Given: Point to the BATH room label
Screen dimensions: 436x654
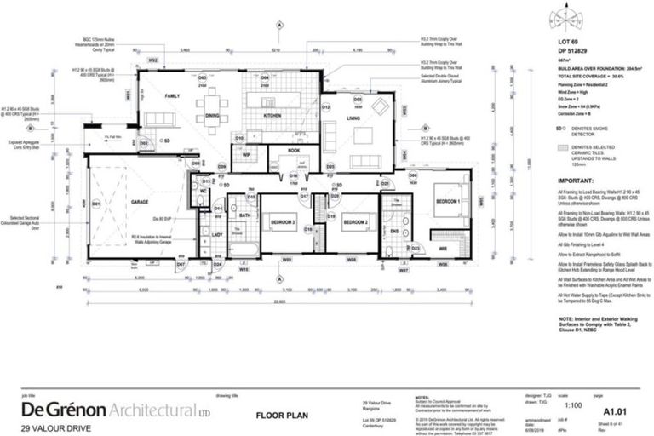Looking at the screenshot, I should (x=244, y=216).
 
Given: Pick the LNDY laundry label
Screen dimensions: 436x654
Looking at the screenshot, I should (x=217, y=234).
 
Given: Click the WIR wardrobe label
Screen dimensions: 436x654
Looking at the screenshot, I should (x=443, y=248).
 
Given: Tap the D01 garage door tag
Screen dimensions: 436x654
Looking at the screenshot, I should (x=95, y=204).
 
